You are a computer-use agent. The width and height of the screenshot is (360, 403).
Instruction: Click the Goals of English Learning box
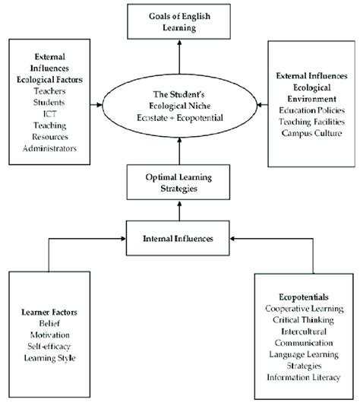click(x=178, y=21)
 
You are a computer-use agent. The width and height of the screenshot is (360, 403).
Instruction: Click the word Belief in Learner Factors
click(x=50, y=322)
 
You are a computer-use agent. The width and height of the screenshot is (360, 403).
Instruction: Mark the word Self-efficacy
click(x=50, y=345)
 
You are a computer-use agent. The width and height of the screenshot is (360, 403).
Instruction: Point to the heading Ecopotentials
click(x=305, y=297)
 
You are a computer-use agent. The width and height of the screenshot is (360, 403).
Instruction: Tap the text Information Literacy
click(x=305, y=377)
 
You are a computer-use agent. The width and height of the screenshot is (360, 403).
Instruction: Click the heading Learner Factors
click(x=50, y=310)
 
